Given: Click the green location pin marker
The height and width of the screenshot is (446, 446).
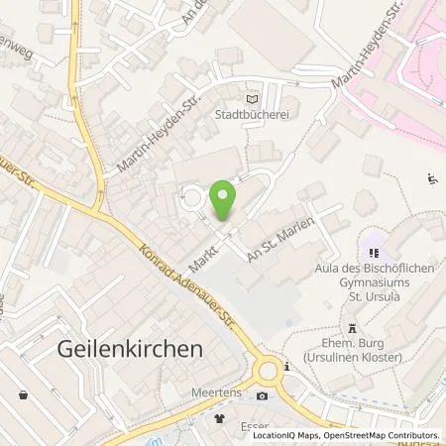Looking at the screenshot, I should (224, 201).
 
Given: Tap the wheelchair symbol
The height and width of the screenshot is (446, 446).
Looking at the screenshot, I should (432, 179).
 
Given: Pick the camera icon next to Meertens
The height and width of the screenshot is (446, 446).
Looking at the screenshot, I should (262, 395).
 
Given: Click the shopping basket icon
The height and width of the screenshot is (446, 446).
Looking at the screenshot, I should (23, 395).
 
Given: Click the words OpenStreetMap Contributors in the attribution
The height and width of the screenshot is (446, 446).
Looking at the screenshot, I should (382, 435).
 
